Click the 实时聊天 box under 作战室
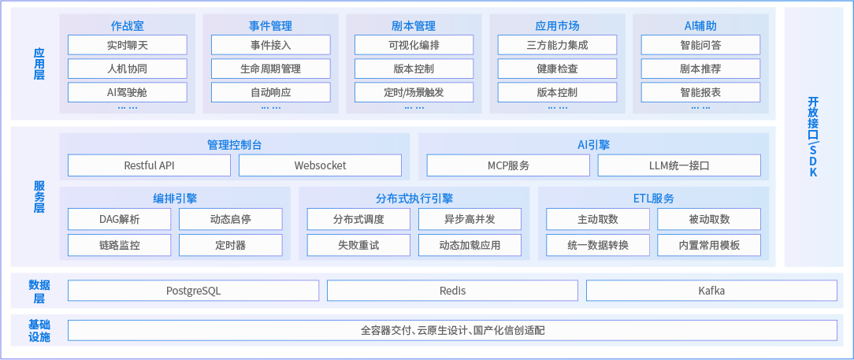tap(127, 45)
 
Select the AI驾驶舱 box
tap(127, 92)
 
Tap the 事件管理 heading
tap(270, 26)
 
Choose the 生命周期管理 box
tap(270, 69)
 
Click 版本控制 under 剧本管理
tap(414, 69)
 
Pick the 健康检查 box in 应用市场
tap(557, 69)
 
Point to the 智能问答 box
tap(700, 45)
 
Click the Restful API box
tap(149, 165)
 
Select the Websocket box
tap(320, 165)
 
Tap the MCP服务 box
tap(508, 165)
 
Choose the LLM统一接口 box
tap(679, 165)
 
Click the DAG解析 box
tap(119, 219)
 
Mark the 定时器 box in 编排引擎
tap(230, 245)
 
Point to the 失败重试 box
tap(358, 245)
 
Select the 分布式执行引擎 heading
tap(414, 199)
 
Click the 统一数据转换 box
tap(598, 245)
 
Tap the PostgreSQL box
tap(193, 291)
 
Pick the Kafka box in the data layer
tap(711, 291)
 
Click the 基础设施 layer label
tap(39, 331)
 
